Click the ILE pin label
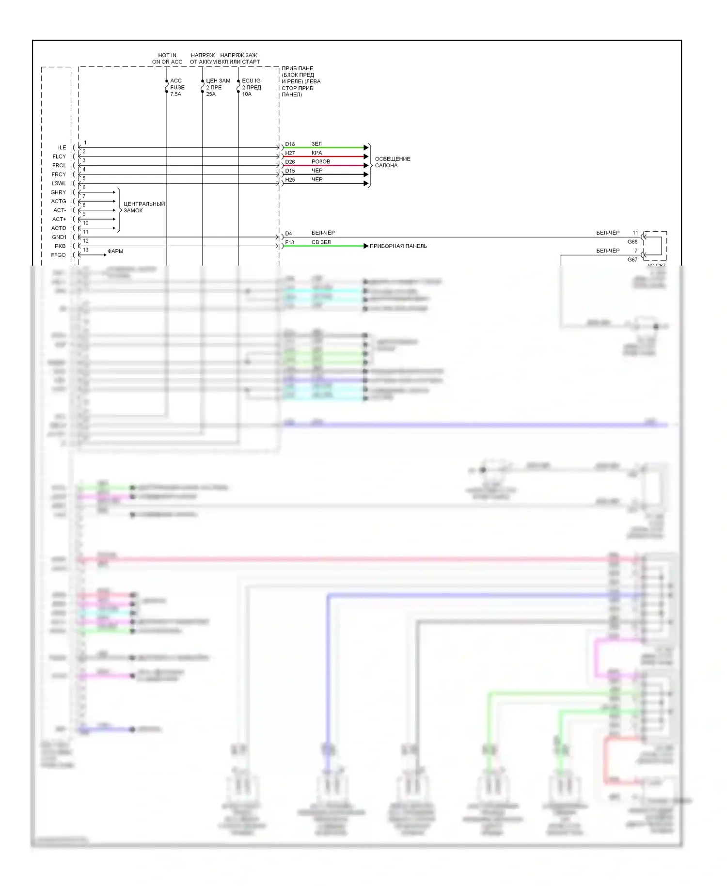click(x=62, y=147)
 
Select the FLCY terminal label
click(x=59, y=157)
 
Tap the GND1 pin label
click(x=59, y=237)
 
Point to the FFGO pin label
click(x=58, y=255)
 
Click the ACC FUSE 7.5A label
click(x=177, y=87)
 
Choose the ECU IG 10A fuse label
click(x=251, y=87)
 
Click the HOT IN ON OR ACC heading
click(x=167, y=59)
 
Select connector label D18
click(x=290, y=144)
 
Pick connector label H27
click(x=290, y=153)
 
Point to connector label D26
click(x=290, y=162)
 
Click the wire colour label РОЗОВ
click(x=321, y=161)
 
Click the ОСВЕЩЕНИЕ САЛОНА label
click(x=393, y=162)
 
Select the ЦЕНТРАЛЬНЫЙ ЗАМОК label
click(x=144, y=207)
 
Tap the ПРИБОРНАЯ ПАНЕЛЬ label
click(x=398, y=246)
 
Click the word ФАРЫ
click(x=115, y=251)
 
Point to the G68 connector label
click(x=632, y=241)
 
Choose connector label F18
click(x=289, y=242)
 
